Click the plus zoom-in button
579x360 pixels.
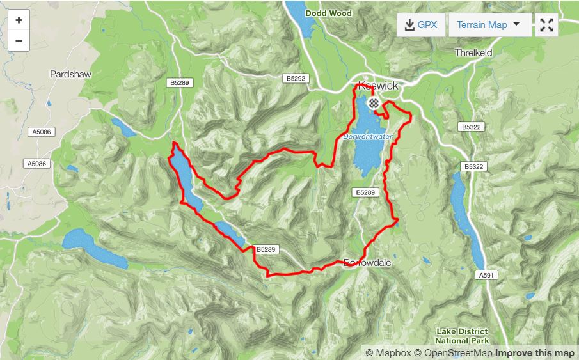coord(19,20)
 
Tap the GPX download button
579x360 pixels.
coord(420,25)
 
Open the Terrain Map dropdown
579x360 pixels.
coord(489,25)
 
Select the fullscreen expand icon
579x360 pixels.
coord(546,25)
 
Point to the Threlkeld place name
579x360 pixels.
coord(473,53)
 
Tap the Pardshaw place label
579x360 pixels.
coord(70,74)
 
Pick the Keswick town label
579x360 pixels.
coord(378,86)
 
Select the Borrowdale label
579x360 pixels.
coord(367,263)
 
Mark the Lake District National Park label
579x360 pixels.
coord(462,336)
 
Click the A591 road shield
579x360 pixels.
coord(487,276)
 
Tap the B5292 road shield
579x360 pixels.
coord(297,78)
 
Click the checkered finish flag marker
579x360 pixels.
coord(373,102)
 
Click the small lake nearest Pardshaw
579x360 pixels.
coord(124,128)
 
